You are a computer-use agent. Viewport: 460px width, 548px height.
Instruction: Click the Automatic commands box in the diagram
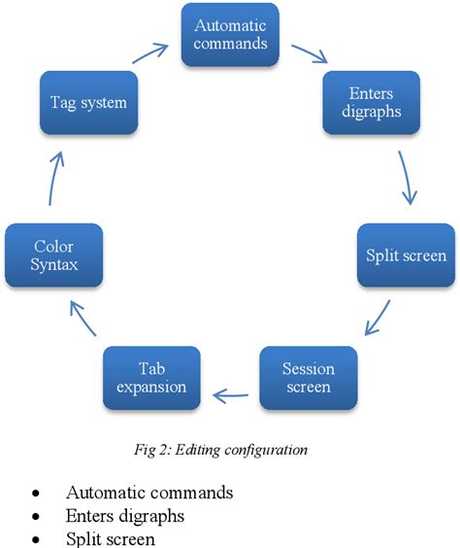[x=230, y=34]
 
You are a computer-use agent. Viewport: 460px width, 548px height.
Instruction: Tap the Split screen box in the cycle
[x=406, y=256]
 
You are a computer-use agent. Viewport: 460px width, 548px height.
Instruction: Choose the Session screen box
[x=308, y=378]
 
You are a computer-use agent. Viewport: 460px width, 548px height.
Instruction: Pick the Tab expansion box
[x=151, y=378]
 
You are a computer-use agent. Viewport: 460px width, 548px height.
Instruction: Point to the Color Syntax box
[x=54, y=256]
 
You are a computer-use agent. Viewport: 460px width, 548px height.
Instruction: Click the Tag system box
[x=88, y=102]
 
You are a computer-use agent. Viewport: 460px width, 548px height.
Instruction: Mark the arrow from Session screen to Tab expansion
[x=230, y=394]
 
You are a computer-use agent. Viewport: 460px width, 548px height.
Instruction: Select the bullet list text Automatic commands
[x=148, y=493]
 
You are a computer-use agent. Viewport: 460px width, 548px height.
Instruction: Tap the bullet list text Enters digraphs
[x=126, y=515]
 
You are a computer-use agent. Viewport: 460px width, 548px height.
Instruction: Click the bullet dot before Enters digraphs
[x=35, y=516]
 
